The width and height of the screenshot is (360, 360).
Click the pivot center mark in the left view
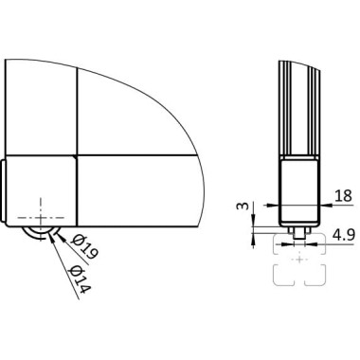(x=43, y=210)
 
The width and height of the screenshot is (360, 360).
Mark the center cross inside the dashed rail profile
(x=300, y=257)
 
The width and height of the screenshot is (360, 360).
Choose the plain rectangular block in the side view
(x=300, y=189)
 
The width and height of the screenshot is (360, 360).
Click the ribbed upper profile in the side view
(x=300, y=109)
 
